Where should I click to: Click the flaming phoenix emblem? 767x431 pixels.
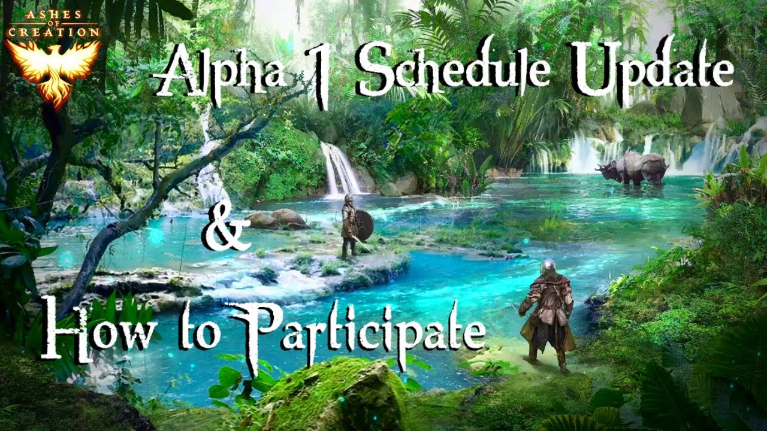point(54,71)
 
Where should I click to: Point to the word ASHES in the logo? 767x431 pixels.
point(54,14)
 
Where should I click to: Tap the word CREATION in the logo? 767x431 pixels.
point(54,32)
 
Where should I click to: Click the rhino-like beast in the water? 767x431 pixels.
point(633,168)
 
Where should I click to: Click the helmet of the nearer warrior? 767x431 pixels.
point(548,266)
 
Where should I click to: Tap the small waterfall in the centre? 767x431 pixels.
point(340,170)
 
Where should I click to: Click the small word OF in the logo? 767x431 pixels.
point(54,23)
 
